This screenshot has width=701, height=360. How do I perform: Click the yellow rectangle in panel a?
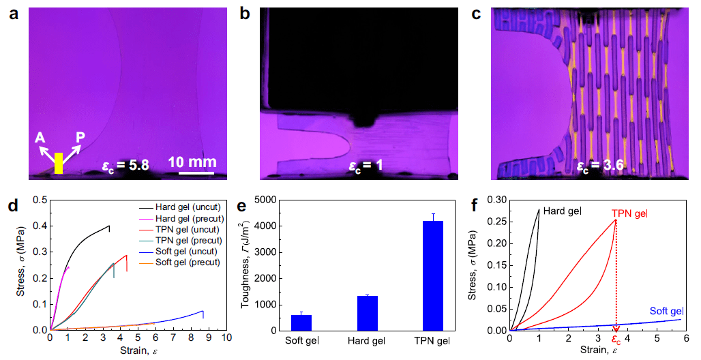pyautogui.click(x=58, y=163)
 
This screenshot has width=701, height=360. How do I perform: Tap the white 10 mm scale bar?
pyautogui.click(x=197, y=172)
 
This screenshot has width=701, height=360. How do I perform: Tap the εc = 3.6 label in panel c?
pyautogui.click(x=600, y=164)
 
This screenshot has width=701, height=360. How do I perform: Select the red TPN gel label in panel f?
pyautogui.click(x=628, y=213)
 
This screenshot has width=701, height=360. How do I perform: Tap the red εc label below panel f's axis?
pyautogui.click(x=616, y=339)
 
